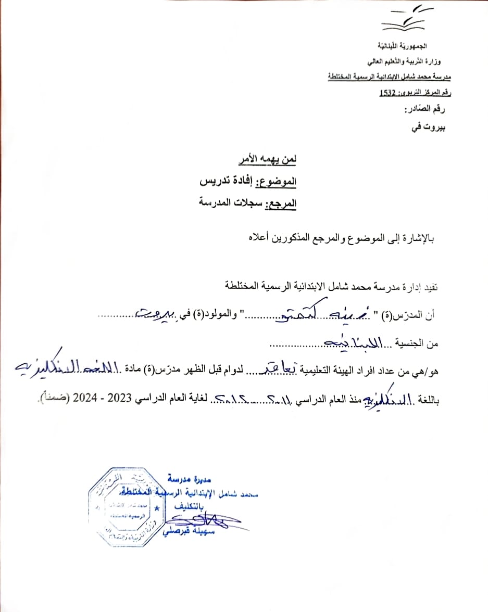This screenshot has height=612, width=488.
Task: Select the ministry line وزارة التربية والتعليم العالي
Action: click(x=411, y=63)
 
